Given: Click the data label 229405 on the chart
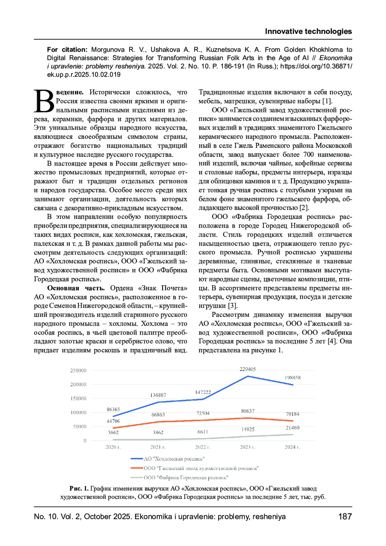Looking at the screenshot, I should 247,369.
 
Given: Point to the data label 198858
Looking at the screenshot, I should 292,378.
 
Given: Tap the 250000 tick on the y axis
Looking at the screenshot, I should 78,370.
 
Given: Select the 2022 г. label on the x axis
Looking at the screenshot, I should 203,447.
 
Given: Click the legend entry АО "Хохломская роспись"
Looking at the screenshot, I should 174,459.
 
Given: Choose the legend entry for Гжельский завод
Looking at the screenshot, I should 201,468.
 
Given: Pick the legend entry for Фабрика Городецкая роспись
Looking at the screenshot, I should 186,478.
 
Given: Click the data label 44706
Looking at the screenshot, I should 113,421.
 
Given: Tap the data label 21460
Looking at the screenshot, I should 292,428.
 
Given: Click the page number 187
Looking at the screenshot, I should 345,517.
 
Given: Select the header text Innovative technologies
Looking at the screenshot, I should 308,32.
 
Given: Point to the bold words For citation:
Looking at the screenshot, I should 67,50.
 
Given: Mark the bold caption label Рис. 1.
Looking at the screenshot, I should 79,489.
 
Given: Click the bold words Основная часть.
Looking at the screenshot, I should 76,288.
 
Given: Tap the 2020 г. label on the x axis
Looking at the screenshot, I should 113,447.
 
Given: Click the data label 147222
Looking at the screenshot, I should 203,392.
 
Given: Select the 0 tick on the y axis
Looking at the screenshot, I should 85,441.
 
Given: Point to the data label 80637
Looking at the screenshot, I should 247,411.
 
